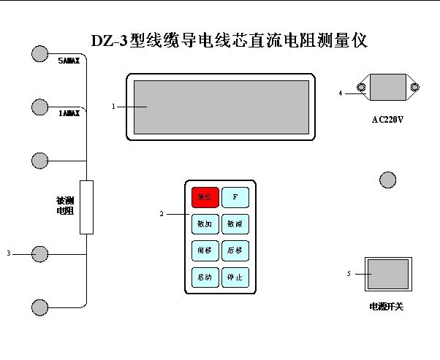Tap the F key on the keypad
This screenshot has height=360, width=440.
[235, 197]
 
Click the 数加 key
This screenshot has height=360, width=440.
[205, 224]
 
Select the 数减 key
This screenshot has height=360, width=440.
[235, 224]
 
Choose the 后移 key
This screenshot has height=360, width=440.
[235, 250]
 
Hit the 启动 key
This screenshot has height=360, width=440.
[205, 277]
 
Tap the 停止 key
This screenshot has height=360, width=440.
[235, 277]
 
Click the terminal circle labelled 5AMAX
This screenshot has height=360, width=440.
[40, 53]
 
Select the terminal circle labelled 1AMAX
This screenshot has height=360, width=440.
[40, 107]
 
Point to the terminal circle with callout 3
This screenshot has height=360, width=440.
[40, 253]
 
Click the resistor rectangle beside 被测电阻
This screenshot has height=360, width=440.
[86, 207]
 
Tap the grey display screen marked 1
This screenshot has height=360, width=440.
[221, 107]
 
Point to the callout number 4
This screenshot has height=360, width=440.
[341, 93]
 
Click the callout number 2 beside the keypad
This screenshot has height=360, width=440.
[162, 214]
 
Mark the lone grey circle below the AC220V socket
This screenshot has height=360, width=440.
[387, 179]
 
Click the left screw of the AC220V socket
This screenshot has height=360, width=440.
[361, 88]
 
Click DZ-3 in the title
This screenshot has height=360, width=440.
[109, 41]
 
